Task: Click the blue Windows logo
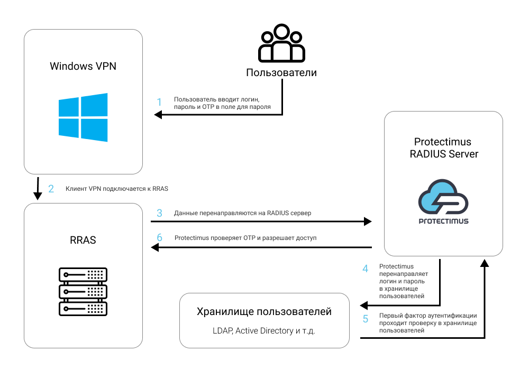[x=83, y=117]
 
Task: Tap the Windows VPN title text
[x=83, y=66]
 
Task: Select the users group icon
[x=281, y=43]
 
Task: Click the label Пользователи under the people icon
[x=281, y=72]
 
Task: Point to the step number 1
[x=159, y=102]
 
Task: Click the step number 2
[x=51, y=189]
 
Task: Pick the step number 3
[x=160, y=213]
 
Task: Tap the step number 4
[x=365, y=269]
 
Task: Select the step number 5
[x=366, y=319]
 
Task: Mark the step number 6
[x=160, y=237]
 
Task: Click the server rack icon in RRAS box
[x=83, y=291]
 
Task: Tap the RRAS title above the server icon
[x=83, y=240]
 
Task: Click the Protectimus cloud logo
[x=443, y=201]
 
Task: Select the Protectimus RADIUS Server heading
[x=443, y=147]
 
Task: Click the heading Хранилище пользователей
[x=264, y=311]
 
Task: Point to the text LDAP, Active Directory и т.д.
[x=264, y=330]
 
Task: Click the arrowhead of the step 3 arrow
[x=368, y=221]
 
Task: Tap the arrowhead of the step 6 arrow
[x=155, y=247]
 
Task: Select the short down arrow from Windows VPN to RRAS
[x=38, y=189]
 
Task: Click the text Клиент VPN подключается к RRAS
[x=117, y=189]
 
